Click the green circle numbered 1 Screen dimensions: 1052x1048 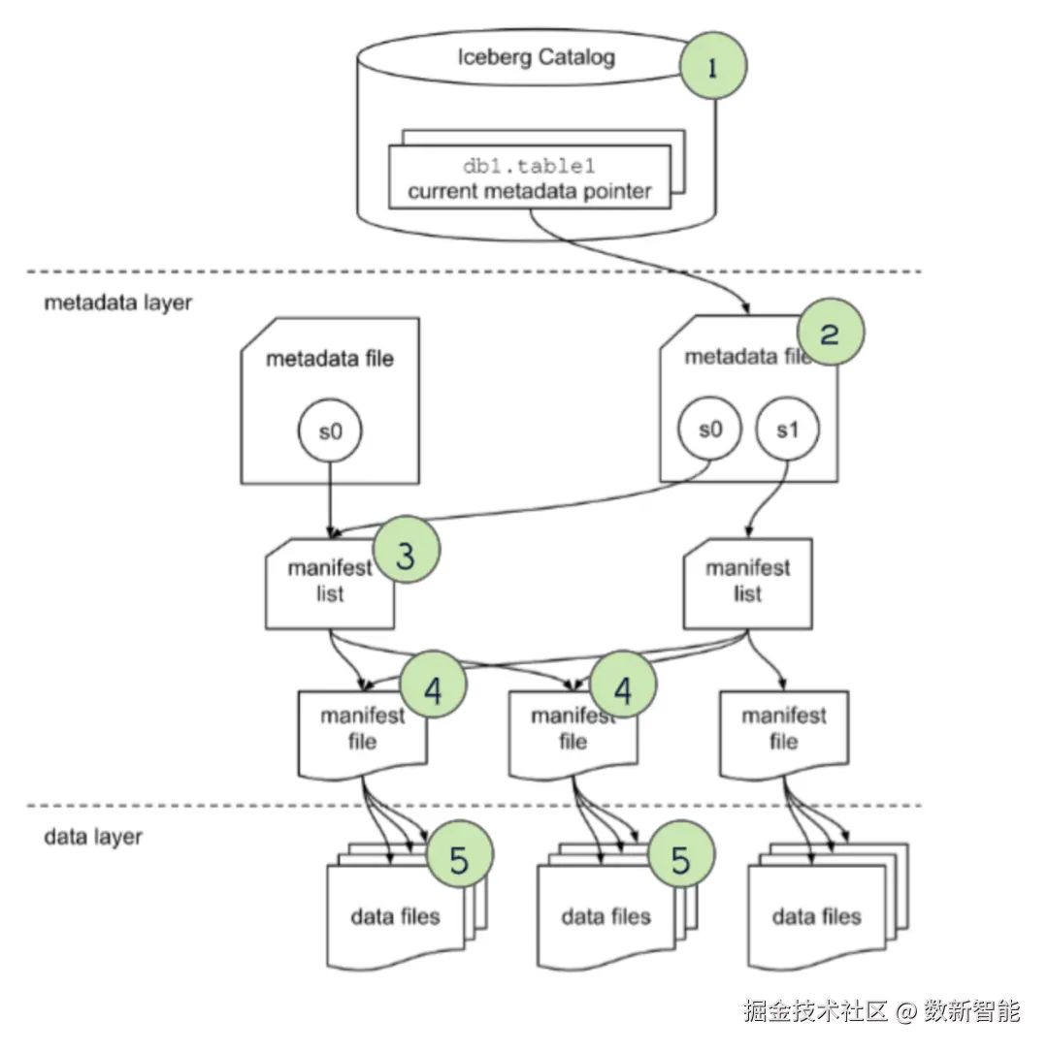tap(713, 66)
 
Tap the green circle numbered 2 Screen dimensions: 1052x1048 tap(830, 333)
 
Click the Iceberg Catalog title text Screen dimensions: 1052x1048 tap(536, 58)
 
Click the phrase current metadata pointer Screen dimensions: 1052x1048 tap(529, 191)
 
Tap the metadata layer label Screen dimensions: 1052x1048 tap(118, 302)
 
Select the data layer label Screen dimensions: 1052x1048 tap(93, 836)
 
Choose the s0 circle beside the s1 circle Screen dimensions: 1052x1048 tap(710, 428)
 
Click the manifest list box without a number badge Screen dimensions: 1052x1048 tap(747, 583)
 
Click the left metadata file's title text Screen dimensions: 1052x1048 tap(330, 359)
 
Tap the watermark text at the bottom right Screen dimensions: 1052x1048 tap(881, 1011)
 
